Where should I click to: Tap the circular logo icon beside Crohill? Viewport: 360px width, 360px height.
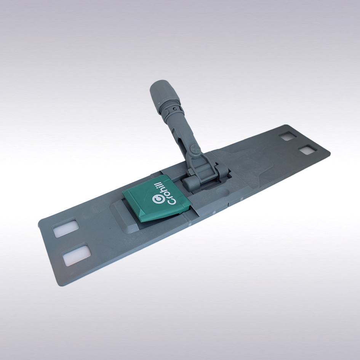click(x=157, y=199)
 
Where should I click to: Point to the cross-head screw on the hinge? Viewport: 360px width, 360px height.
click(x=194, y=149)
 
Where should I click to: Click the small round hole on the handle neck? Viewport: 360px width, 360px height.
click(x=175, y=109)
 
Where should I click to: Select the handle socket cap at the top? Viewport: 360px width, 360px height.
click(x=161, y=92)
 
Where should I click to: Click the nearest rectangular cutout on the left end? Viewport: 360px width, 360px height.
click(x=76, y=255)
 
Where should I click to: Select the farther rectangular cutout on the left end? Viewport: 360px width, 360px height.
click(x=66, y=228)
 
